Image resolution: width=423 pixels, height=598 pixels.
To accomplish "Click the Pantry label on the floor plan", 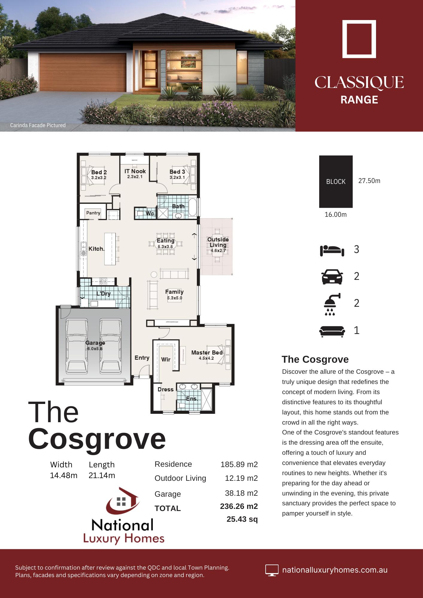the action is (x=93, y=213).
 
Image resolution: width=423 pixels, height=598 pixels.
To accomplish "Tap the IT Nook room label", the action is (x=135, y=171).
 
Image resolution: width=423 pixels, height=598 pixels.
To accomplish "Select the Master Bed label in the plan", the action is (x=207, y=353).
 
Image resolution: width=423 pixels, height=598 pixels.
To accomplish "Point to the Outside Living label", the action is (x=218, y=242).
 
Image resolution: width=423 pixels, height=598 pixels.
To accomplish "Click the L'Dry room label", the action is (x=104, y=294).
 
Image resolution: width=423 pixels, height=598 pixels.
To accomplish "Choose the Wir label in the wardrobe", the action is (x=166, y=359).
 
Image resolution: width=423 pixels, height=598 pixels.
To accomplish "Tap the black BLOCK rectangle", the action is (x=336, y=181).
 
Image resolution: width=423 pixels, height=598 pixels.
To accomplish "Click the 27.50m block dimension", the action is (x=369, y=181).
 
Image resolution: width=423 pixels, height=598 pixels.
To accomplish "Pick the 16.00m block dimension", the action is (x=336, y=215).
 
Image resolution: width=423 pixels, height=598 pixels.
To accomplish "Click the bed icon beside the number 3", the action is (x=332, y=250).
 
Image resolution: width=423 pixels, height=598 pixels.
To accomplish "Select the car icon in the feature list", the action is (x=332, y=277).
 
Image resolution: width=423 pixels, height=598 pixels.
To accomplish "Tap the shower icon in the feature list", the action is (x=332, y=304).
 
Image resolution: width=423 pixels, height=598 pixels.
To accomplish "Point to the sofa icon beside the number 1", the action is (x=332, y=331).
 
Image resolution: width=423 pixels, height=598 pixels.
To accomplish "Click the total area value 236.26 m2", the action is (x=239, y=506).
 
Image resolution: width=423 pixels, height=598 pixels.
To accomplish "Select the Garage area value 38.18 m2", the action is (x=241, y=493).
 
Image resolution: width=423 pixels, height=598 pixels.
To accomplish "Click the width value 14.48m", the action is (x=64, y=475).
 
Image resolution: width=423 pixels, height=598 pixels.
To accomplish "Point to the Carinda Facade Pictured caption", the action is (x=38, y=125).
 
